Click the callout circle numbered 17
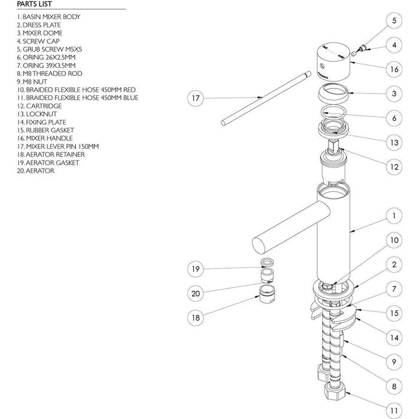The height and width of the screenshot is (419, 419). [x=195, y=98]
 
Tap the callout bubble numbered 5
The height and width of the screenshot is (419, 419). [x=394, y=21]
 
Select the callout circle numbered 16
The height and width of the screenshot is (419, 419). [x=394, y=69]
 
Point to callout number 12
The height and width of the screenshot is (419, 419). [x=394, y=167]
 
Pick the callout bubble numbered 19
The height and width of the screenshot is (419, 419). [x=195, y=269]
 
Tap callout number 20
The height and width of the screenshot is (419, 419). [x=195, y=293]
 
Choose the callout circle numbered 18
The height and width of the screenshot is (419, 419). [x=195, y=318]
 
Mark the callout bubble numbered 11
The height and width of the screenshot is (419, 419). [x=394, y=411]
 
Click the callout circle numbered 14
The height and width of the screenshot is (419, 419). [x=394, y=337]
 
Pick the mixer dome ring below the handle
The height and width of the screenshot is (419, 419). [x=333, y=93]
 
